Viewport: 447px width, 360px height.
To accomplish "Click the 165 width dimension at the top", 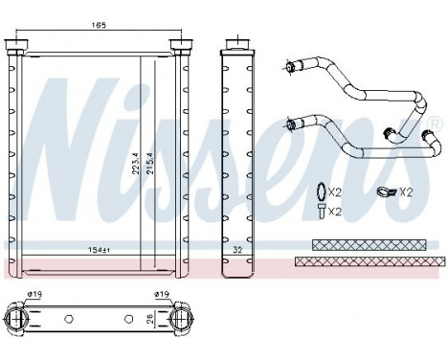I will pos(98,25).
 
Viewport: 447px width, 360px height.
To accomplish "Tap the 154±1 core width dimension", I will pos(89,249).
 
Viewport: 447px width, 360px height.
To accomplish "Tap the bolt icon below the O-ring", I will pos(319,212).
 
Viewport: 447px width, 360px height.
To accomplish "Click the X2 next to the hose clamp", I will pos(406,192).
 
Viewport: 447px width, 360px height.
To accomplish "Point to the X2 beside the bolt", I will pos(335,212).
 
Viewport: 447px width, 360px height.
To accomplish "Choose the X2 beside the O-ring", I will pos(335,192).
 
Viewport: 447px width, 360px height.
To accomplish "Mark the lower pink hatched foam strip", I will pos(369,260).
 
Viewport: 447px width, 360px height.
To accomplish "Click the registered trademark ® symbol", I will pos(434,123).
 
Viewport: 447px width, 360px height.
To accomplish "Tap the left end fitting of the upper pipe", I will pos(290,67).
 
